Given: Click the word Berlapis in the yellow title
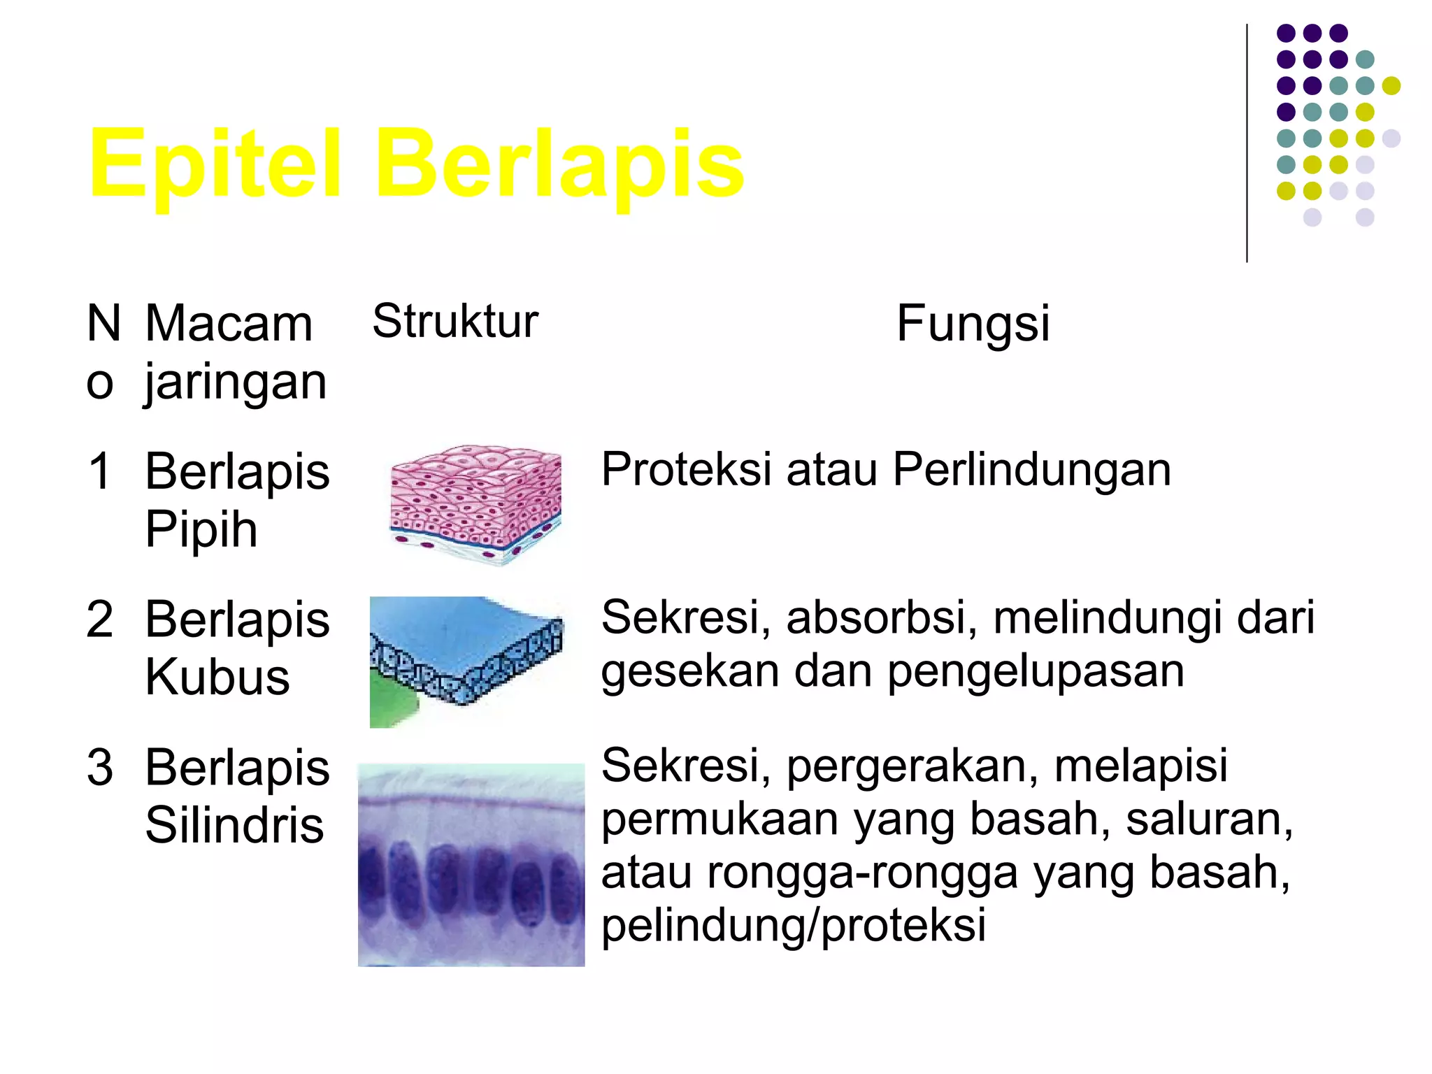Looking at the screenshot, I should pyautogui.click(x=559, y=164).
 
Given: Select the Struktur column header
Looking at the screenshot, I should pyautogui.click(x=455, y=321).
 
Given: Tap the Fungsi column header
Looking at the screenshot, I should pyautogui.click(x=973, y=323).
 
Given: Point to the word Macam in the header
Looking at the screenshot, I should pyautogui.click(x=229, y=324).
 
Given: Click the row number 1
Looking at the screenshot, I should pyautogui.click(x=100, y=470).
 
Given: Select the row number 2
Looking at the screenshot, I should pyautogui.click(x=100, y=619).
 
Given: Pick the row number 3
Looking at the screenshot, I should pyautogui.click(x=100, y=767).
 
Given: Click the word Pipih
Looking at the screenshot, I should pyautogui.click(x=201, y=529).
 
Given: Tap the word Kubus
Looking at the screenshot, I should pyautogui.click(x=217, y=678).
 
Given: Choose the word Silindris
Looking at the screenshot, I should pyautogui.click(x=234, y=826).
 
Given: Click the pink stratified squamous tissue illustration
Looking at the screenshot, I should pyautogui.click(x=475, y=503).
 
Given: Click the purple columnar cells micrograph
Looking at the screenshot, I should pyautogui.click(x=471, y=865).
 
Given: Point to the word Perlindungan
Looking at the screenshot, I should pyautogui.click(x=1031, y=469).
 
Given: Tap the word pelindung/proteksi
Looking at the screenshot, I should pyautogui.click(x=794, y=925).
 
